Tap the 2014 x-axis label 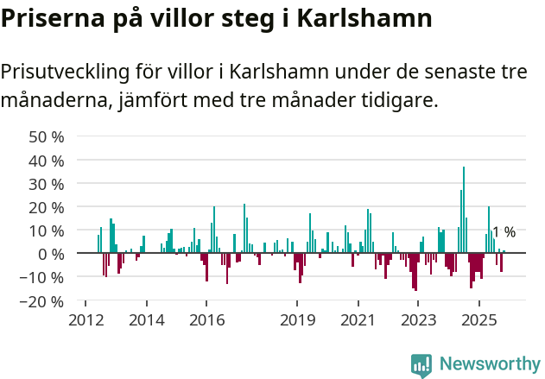pos(146,320)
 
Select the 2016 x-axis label pos(206,320)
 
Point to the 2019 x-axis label pos(297,320)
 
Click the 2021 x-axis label pos(358,320)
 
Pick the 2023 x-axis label pos(419,320)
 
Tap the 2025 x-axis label pos(479,320)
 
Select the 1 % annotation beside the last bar pos(504,231)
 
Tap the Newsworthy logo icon pos(421,364)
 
